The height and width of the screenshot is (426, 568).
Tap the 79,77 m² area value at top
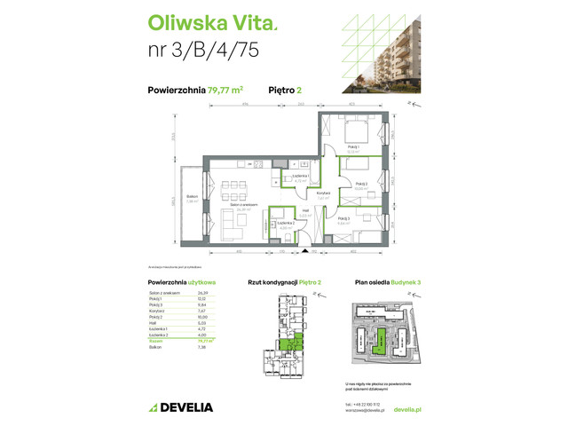(x=225, y=90)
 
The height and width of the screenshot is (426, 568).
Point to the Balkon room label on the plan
(x=191, y=198)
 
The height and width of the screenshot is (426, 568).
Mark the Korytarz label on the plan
(x=324, y=193)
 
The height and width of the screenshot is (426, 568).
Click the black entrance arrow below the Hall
(x=305, y=252)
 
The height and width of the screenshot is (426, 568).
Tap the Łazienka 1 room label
(x=300, y=177)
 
